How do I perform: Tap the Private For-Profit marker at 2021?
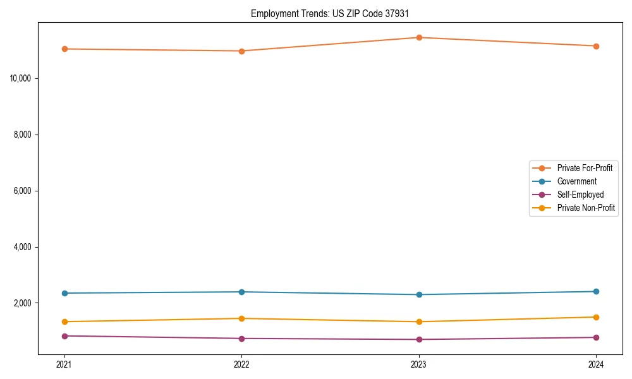[64, 49]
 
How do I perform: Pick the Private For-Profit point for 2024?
[596, 46]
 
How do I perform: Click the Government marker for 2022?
[241, 292]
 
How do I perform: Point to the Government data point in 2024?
[596, 291]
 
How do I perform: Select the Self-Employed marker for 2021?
[64, 336]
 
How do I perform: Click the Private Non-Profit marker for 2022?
[241, 318]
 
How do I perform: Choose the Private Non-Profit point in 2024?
[596, 317]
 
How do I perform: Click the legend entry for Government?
[576, 181]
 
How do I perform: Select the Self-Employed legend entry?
[580, 195]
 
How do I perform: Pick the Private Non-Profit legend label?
[586, 208]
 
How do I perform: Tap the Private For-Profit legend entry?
[585, 168]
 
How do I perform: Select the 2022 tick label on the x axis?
[241, 364]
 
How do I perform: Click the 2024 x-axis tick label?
[596, 364]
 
